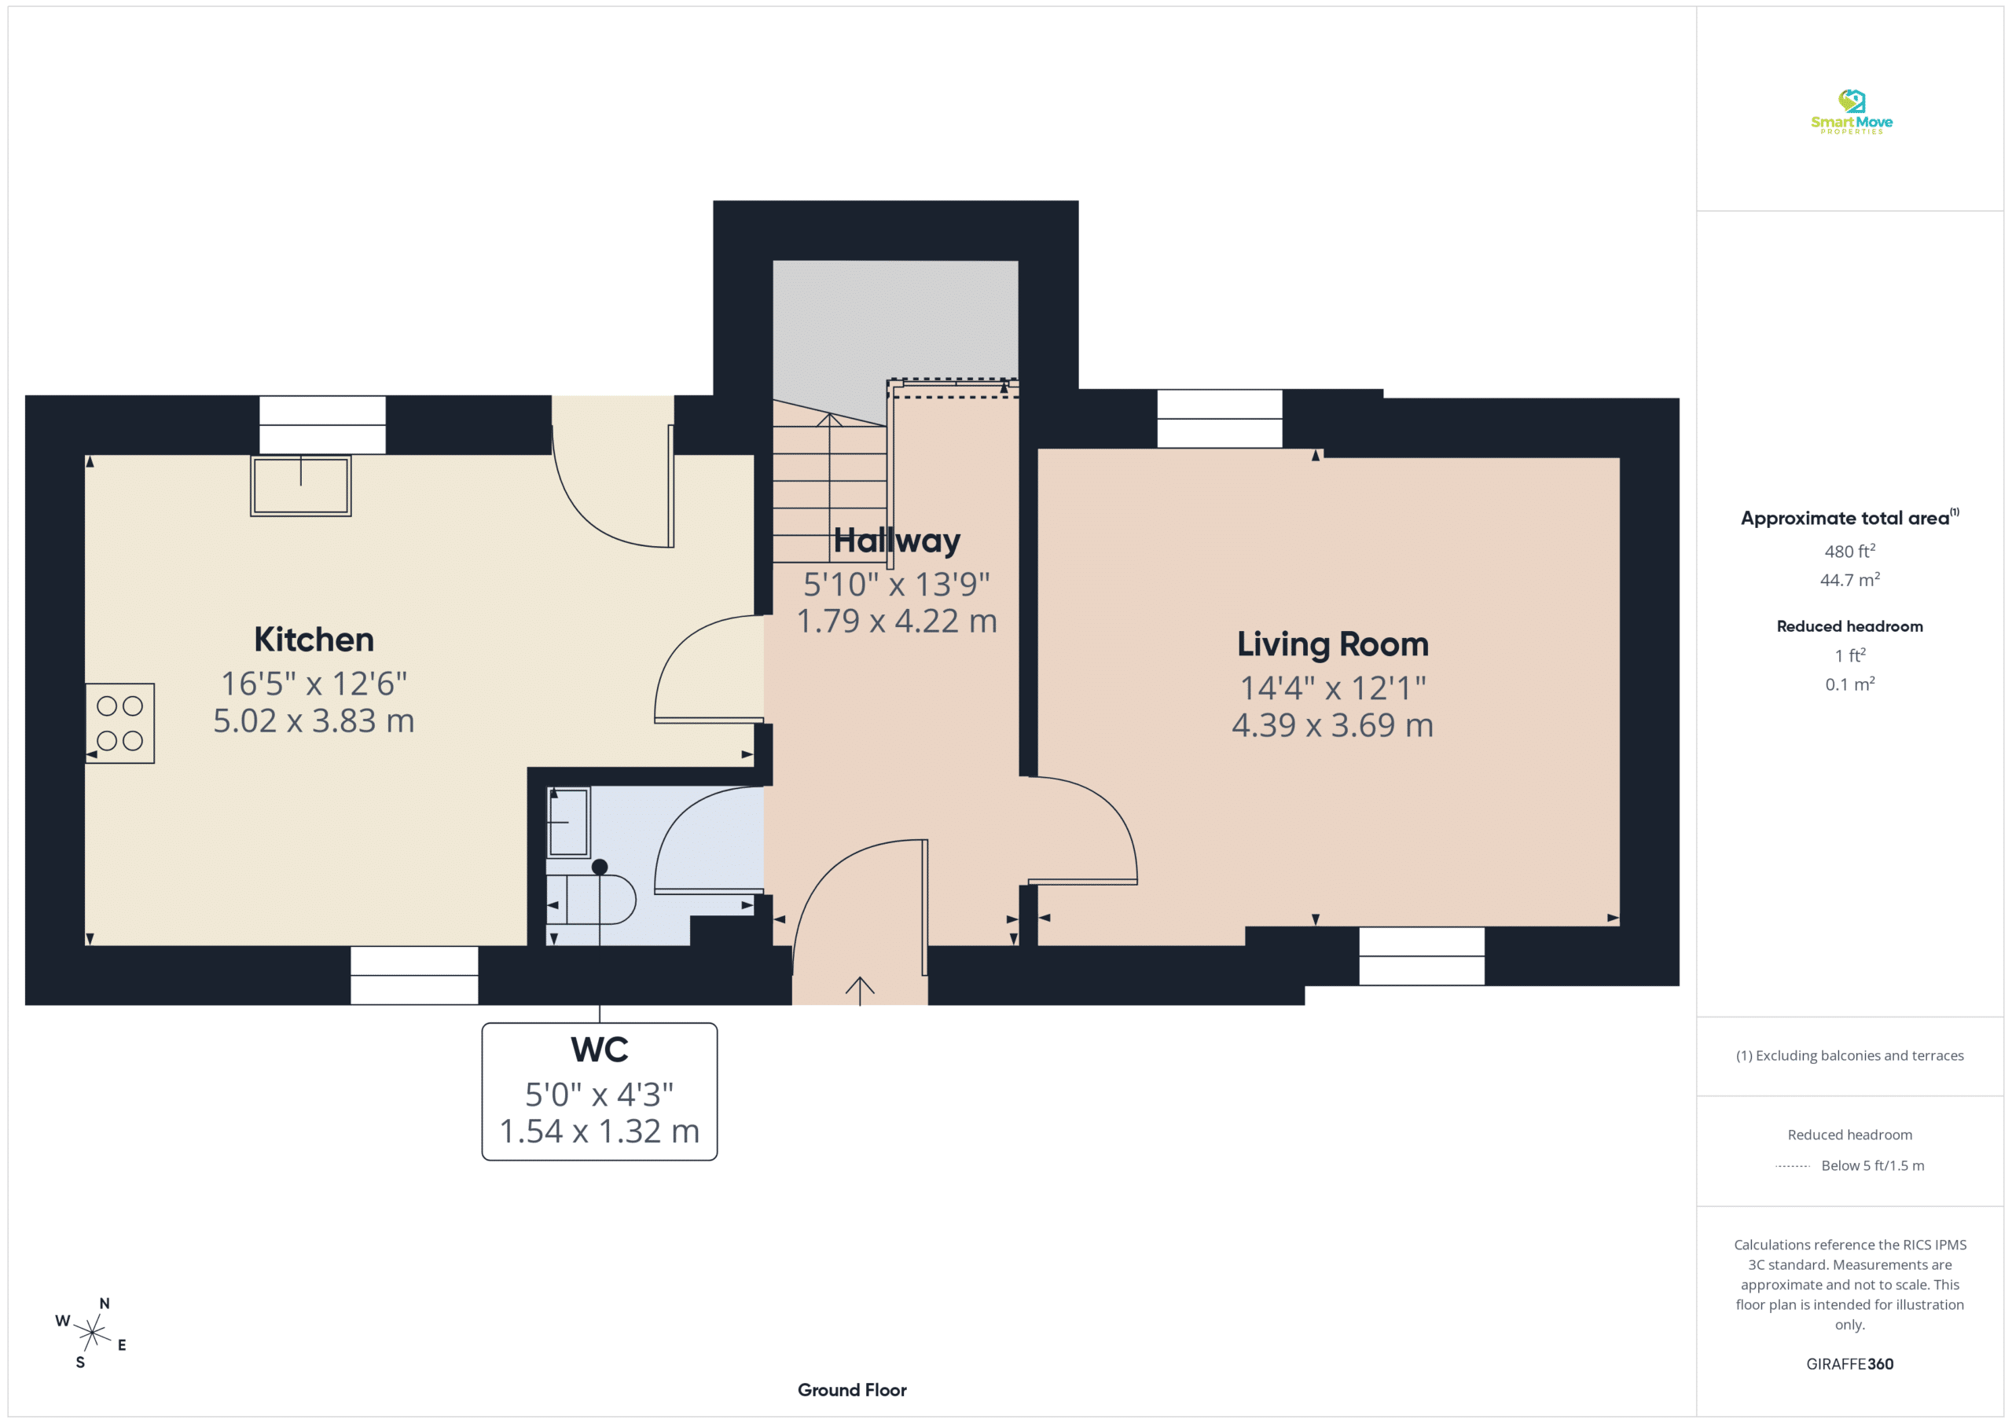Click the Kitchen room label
pyautogui.click(x=314, y=640)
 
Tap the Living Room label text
pyautogui.click(x=1332, y=645)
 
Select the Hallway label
pyautogui.click(x=897, y=541)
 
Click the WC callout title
pyautogui.click(x=600, y=1050)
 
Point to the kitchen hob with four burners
pyautogui.click(x=120, y=723)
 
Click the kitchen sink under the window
pyautogui.click(x=300, y=486)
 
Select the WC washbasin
pyautogui.click(x=569, y=822)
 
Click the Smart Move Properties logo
pyautogui.click(x=1851, y=112)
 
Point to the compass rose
pyautogui.click(x=91, y=1333)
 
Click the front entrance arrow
pyautogui.click(x=860, y=991)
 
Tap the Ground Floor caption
pyautogui.click(x=852, y=1390)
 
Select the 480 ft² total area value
pyautogui.click(x=1850, y=551)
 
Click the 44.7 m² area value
pyautogui.click(x=1850, y=580)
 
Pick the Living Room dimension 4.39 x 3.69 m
pyautogui.click(x=1332, y=725)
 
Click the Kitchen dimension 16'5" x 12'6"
pyautogui.click(x=314, y=684)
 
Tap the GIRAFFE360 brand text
pyautogui.click(x=1850, y=1364)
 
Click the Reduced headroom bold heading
pyautogui.click(x=1850, y=626)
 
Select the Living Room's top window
pyautogui.click(x=1219, y=419)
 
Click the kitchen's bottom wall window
pyautogui.click(x=414, y=975)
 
